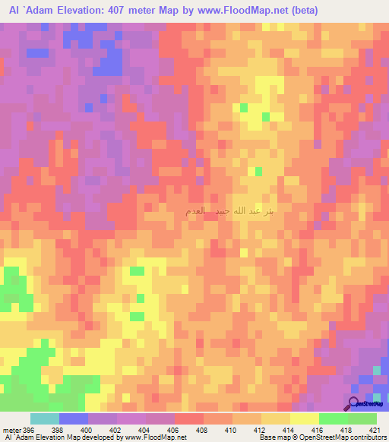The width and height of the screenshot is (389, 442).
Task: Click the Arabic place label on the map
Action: click(229, 210)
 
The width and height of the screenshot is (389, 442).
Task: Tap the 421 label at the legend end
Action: click(374, 431)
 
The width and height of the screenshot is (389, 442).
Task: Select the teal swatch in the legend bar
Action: click(45, 418)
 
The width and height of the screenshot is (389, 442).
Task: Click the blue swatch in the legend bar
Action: click(74, 418)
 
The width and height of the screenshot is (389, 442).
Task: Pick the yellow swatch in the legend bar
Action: click(305, 418)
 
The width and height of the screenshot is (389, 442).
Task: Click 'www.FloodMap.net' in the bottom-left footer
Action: click(153, 438)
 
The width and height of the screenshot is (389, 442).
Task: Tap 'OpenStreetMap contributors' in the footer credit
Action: click(349, 438)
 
